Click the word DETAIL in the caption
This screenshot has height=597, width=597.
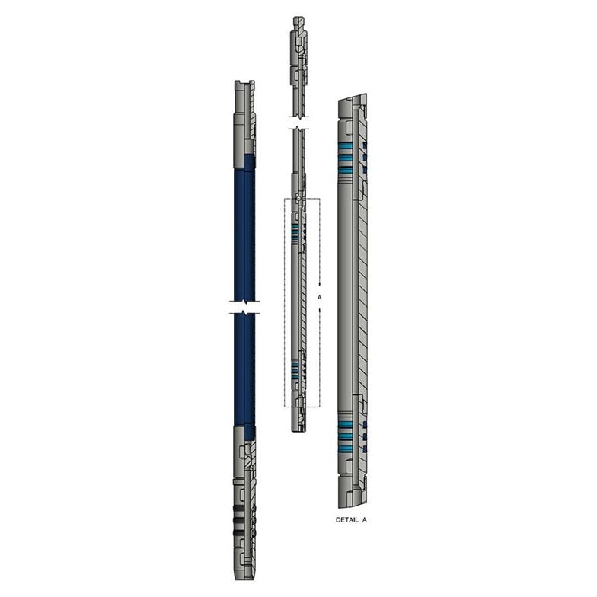tap(347, 520)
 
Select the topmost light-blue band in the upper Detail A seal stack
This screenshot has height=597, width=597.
tap(348, 145)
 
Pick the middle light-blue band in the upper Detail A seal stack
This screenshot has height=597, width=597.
tap(348, 158)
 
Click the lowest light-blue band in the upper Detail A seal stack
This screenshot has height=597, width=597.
tap(348, 172)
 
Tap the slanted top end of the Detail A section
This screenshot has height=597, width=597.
tap(352, 100)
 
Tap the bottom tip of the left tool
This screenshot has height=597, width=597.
tap(244, 575)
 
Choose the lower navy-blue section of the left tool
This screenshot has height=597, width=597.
tap(244, 373)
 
